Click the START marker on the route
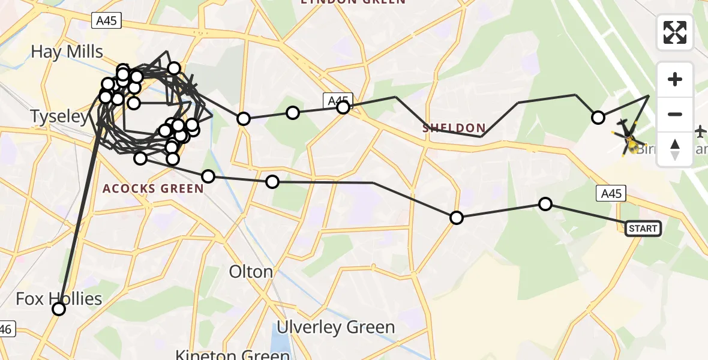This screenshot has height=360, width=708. point(643,229)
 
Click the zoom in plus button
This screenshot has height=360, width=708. point(675,79)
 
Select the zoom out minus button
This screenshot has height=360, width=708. point(675,114)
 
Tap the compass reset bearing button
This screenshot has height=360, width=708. point(675,149)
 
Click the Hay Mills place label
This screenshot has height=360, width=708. point(67,52)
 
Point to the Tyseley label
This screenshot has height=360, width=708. point(59,116)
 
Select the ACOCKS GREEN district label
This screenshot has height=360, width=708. point(153,189)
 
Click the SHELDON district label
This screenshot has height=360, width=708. point(454,128)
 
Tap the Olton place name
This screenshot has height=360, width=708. point(251,272)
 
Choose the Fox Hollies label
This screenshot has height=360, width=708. point(59,298)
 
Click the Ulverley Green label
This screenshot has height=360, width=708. point(335,327)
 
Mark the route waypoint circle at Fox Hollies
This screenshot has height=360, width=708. point(59,309)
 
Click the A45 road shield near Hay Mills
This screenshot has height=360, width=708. point(107,22)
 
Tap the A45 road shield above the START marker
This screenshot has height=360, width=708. point(611,193)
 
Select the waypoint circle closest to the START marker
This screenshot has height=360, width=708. point(545,204)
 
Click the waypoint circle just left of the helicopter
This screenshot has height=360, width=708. point(598,118)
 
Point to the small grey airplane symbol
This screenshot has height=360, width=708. point(700,130)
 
